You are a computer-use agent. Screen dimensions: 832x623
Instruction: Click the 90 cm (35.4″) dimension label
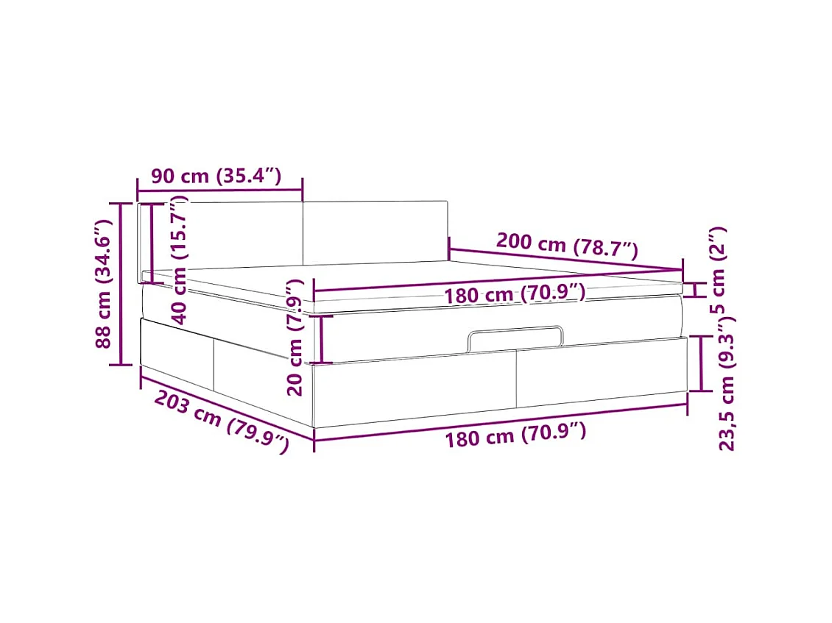216,176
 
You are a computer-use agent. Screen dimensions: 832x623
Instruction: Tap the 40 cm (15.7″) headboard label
180,260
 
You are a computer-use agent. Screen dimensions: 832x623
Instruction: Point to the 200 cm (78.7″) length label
567,245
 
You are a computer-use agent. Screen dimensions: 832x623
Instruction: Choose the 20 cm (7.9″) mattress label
295,338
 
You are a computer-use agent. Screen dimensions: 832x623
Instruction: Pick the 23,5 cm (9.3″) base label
727,382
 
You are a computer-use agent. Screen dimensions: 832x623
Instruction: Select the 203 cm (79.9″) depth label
222,422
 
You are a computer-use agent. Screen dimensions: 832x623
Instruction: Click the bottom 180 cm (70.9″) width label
515,435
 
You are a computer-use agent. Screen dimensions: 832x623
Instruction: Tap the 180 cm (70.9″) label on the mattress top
515,293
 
